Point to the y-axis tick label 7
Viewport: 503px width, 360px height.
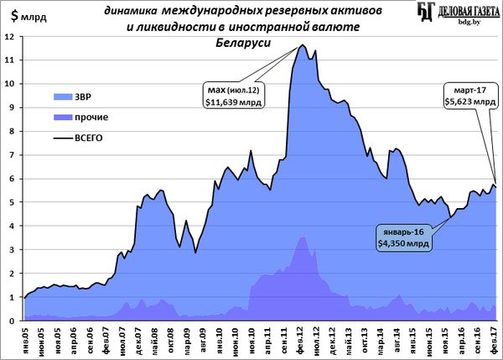(10, 155)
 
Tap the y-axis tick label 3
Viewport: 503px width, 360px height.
(10, 250)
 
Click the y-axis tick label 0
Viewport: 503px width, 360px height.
(10, 321)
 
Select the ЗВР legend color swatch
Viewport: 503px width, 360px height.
(64, 96)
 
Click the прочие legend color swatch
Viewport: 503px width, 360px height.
(64, 117)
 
